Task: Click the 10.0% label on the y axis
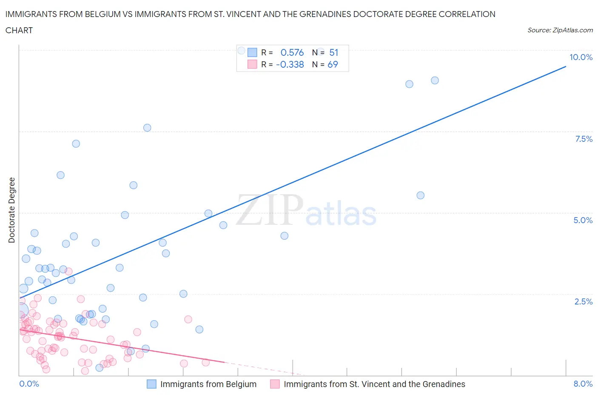[581, 57]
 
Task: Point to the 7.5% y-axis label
[584, 139]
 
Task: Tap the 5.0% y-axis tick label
[583, 220]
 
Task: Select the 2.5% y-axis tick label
[583, 301]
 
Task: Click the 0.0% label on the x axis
[29, 384]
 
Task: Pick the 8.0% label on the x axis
[583, 384]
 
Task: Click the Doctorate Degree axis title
[11, 210]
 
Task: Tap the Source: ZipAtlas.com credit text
[560, 30]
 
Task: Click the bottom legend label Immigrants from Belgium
[208, 384]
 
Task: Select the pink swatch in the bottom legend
[275, 384]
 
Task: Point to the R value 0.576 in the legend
[292, 52]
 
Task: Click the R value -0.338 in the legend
[290, 64]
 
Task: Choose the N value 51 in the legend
[333, 52]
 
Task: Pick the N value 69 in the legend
[333, 64]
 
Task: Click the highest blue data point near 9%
[435, 80]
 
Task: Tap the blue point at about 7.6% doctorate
[147, 128]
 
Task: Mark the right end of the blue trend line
[566, 66]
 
